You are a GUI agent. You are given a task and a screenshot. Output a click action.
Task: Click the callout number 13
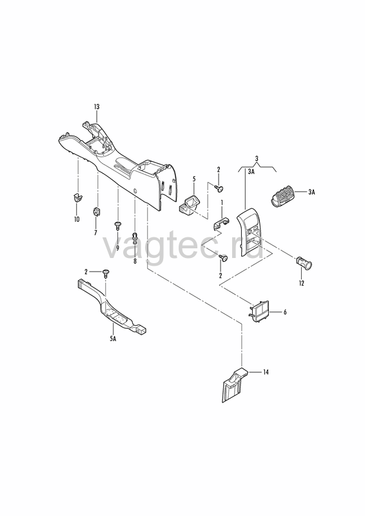click(x=97, y=106)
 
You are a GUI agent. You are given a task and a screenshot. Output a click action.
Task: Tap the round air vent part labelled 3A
click(x=282, y=197)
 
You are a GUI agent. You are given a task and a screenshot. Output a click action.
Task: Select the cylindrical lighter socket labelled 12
click(x=304, y=263)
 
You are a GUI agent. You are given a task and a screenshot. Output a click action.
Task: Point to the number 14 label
click(x=266, y=372)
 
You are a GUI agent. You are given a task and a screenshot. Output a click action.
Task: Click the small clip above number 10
click(x=77, y=198)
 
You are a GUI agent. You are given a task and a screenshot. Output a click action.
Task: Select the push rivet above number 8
click(x=135, y=237)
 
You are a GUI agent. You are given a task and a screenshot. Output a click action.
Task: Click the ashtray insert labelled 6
click(x=259, y=311)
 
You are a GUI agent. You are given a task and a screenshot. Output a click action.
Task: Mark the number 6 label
click(x=285, y=312)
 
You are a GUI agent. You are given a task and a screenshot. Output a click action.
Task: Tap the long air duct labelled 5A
click(x=112, y=307)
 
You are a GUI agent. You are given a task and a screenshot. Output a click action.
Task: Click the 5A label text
click(x=113, y=339)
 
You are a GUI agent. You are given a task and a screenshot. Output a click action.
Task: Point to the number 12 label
click(x=301, y=283)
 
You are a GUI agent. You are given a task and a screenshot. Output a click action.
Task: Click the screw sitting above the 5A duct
click(x=106, y=273)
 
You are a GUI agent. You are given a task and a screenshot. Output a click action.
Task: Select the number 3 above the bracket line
click(x=257, y=158)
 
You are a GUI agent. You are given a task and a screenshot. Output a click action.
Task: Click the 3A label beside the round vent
click(x=311, y=192)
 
